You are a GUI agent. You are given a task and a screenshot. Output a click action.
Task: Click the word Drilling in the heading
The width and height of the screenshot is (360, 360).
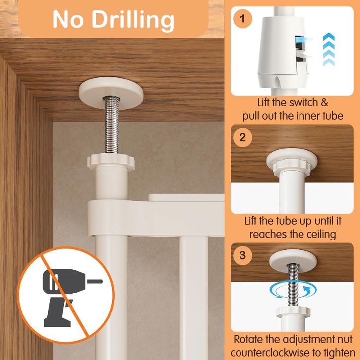click(x=133, y=21)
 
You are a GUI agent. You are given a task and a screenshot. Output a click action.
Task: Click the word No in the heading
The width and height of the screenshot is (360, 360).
click(x=68, y=19)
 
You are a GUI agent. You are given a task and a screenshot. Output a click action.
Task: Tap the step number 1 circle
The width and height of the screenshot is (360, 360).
click(x=242, y=19)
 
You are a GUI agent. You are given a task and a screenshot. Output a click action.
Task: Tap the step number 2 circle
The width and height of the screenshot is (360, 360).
click(x=242, y=137)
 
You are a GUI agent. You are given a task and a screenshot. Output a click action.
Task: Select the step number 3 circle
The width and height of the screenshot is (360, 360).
click(x=242, y=255)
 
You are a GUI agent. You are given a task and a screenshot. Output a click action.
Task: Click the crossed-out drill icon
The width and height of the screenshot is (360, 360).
click(x=66, y=295)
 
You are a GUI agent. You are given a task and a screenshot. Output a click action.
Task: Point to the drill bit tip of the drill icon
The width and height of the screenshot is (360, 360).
click(x=103, y=281)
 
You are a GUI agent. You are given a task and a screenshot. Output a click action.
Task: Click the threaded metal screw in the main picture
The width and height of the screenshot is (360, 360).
click(x=112, y=125)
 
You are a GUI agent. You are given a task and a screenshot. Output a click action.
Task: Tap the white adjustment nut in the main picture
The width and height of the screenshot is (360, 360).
click(x=111, y=162)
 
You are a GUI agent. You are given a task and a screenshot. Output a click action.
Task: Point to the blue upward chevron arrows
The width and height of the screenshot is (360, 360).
click(x=329, y=50)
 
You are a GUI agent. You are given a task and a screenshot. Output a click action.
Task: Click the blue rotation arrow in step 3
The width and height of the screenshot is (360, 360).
click(x=293, y=290)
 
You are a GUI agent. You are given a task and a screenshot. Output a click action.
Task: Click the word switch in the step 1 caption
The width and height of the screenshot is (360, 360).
click(x=304, y=103)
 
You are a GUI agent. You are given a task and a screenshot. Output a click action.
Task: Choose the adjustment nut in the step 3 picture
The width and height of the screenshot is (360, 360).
click(x=293, y=312)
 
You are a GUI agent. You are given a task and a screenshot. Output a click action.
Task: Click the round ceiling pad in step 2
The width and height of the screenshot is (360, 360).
click(x=292, y=158)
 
